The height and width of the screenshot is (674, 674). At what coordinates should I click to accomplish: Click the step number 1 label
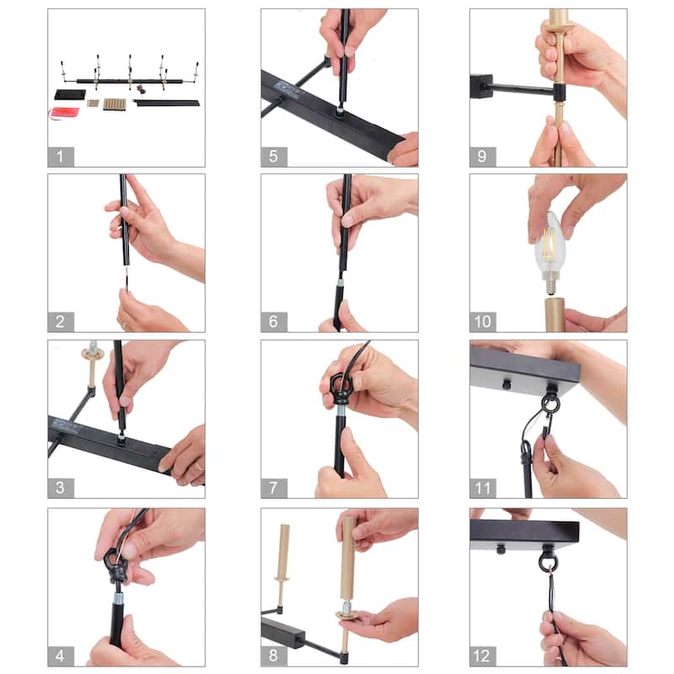click(x=60, y=157)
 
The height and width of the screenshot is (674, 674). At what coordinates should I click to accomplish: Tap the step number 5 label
click(x=273, y=157)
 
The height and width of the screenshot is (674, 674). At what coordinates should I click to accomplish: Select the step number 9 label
click(x=482, y=157)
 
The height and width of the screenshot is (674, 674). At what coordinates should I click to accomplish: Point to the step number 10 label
click(x=483, y=322)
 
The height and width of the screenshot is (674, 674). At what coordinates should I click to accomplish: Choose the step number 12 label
click(x=482, y=656)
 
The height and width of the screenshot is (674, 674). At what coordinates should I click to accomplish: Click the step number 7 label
click(x=273, y=489)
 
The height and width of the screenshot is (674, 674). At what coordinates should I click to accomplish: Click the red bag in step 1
click(x=64, y=113)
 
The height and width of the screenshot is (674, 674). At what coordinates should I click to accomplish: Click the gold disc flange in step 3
click(x=93, y=355)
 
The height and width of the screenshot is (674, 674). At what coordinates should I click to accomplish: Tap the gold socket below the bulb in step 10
click(x=555, y=314)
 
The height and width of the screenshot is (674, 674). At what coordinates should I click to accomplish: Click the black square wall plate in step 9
click(x=481, y=86)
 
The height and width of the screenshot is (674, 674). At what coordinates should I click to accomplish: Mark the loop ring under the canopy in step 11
click(x=550, y=402)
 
